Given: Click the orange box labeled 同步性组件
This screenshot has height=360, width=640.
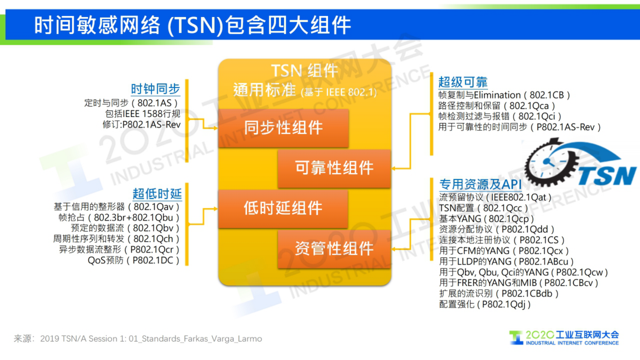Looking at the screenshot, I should (283, 128).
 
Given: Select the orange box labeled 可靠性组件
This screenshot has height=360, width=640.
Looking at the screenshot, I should (334, 168).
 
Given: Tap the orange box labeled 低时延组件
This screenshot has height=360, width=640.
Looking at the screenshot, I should (283, 208).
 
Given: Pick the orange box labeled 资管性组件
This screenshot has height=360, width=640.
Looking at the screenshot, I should (334, 248).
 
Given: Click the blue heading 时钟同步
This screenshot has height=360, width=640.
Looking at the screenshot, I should (155, 89).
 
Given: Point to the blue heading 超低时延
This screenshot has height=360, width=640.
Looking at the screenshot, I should (157, 194).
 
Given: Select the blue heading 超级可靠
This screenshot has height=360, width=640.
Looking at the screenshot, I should (463, 82).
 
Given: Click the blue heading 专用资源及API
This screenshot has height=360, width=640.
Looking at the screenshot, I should (480, 184).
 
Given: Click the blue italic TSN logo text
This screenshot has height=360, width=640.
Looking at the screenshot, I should (607, 176).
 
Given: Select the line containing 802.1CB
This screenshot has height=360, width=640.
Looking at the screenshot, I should (504, 95).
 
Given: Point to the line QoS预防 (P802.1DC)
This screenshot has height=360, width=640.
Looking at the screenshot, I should (133, 260).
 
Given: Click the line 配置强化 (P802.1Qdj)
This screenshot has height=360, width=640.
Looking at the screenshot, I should (484, 304).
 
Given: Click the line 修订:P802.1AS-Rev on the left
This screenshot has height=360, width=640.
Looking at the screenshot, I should (141, 125).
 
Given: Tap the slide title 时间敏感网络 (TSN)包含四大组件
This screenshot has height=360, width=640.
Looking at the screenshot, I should (192, 25).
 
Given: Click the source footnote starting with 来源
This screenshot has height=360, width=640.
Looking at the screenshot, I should (138, 339).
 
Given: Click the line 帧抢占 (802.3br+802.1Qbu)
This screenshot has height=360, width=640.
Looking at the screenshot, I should (119, 218).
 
